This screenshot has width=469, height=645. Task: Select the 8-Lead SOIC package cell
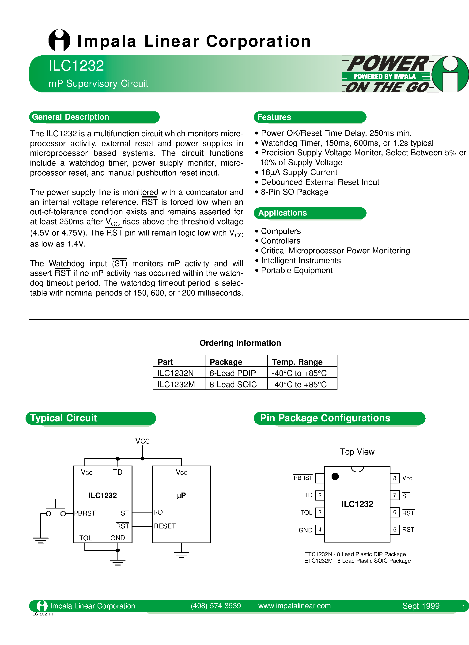(233, 384)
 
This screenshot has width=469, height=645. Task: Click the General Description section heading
(71, 117)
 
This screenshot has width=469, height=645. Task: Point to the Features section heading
(274, 117)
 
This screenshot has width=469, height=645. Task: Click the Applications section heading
(282, 213)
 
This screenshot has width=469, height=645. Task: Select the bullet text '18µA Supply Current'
(299, 172)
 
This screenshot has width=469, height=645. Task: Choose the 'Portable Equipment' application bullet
(297, 270)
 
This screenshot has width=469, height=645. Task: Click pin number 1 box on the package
(320, 478)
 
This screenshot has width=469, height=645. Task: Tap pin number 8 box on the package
(395, 478)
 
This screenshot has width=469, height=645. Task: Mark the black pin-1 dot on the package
(335, 476)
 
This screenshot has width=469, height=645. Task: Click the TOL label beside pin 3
(306, 512)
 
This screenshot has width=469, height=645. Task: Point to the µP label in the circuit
(181, 496)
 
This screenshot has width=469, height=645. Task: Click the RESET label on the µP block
(165, 526)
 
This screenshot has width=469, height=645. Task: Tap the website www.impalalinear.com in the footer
(294, 606)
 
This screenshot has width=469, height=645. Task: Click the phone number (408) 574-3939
(216, 606)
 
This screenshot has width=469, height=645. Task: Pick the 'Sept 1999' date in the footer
(421, 606)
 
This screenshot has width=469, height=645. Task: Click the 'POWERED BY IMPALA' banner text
(385, 76)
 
